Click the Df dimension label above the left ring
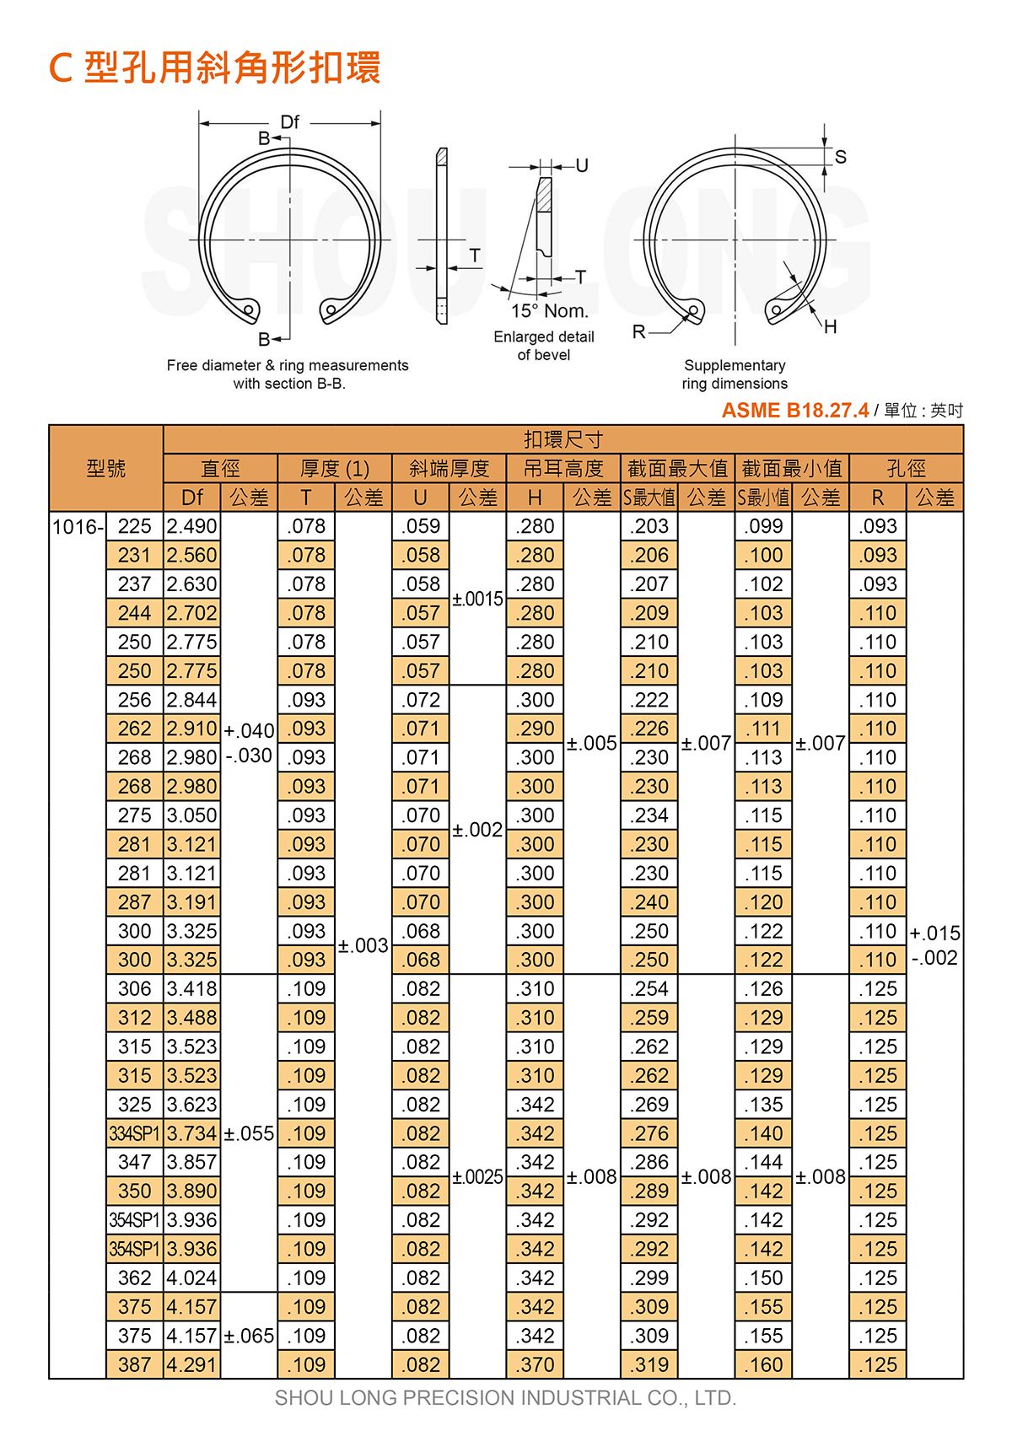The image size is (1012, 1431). click(289, 122)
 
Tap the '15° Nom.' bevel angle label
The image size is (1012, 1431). click(549, 311)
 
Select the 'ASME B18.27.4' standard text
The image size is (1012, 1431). click(794, 411)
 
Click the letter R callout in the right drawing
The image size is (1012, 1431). click(639, 332)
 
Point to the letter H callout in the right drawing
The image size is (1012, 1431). click(830, 327)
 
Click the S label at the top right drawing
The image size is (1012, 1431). click(840, 157)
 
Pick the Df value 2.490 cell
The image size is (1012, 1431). click(192, 527)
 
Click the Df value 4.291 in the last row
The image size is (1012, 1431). click(192, 1364)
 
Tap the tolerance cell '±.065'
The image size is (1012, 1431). click(250, 1336)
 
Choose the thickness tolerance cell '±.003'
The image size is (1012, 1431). click(363, 945)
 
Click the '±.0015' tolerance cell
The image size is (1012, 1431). click(478, 599)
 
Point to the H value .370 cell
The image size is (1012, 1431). click(536, 1364)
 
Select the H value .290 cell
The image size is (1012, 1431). click(536, 729)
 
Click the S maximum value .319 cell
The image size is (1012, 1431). click(650, 1364)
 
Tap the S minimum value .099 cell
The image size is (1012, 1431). click(764, 527)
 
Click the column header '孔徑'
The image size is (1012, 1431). click(906, 468)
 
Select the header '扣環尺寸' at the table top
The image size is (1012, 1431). click(563, 439)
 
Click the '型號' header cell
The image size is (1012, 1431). click(106, 468)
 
